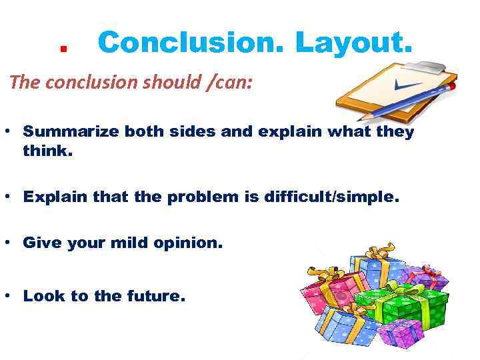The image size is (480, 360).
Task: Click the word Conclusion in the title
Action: [190, 43]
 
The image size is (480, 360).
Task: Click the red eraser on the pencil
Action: [453, 86]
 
